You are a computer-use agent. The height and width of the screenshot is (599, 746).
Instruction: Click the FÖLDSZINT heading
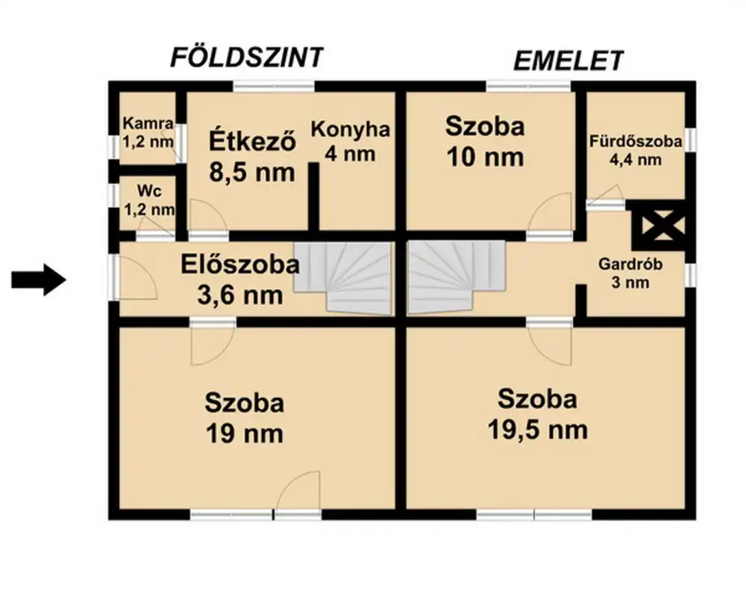point(247,57)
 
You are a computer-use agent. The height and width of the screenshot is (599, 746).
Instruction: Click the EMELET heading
point(568,60)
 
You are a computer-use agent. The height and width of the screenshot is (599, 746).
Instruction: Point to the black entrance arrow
point(39,280)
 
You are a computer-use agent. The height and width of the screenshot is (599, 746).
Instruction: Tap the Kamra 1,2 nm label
point(148,132)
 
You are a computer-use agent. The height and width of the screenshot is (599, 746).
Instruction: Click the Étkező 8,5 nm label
point(251,156)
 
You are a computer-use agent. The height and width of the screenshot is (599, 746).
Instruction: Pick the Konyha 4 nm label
point(350,142)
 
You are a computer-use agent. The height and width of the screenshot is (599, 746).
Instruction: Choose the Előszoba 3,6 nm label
point(240,279)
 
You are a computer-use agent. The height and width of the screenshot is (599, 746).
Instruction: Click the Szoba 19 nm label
point(244,417)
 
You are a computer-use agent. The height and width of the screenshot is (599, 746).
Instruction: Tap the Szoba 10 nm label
point(484,141)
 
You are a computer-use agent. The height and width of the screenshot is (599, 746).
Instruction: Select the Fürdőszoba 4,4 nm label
point(635,149)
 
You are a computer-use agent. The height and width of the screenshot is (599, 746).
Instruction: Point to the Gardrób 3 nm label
point(626,273)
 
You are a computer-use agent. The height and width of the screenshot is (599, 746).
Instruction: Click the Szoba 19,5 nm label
point(537,413)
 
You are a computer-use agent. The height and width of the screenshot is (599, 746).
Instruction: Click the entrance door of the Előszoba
point(134,277)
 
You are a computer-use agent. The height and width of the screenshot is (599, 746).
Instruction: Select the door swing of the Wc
point(155,226)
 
